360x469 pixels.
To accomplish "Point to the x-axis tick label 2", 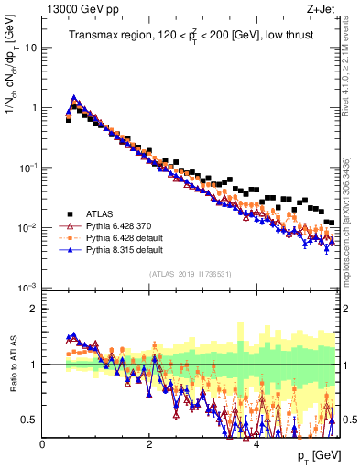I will click(149, 444).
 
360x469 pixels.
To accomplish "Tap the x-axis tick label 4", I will click(256, 444).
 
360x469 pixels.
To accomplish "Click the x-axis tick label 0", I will click(43, 444).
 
